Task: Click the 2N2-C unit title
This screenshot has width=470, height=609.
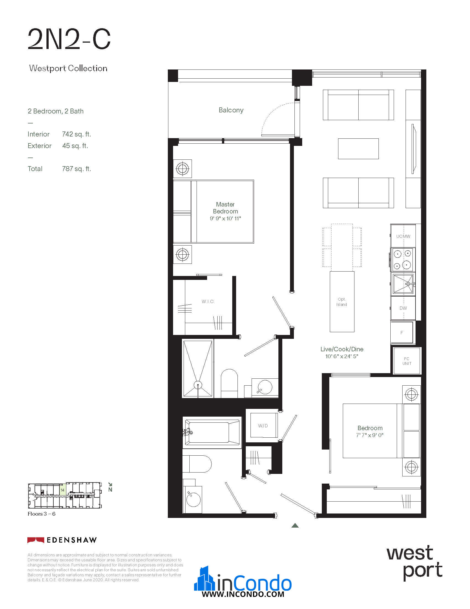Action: click(x=69, y=39)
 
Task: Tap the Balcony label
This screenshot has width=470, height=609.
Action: click(x=231, y=110)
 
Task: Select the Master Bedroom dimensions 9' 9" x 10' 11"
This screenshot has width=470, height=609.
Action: click(x=225, y=218)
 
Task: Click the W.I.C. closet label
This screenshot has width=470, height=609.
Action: click(x=208, y=301)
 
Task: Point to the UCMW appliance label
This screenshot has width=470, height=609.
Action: click(x=403, y=236)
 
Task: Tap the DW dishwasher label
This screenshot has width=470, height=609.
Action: click(x=403, y=308)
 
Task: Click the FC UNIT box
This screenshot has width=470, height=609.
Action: click(x=407, y=361)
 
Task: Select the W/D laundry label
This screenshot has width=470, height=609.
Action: click(x=263, y=426)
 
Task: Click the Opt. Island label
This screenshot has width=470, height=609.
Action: click(x=342, y=302)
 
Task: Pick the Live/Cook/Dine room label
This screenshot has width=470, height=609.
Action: click(x=342, y=349)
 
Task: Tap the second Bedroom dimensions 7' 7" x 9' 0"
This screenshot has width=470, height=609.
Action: click(x=370, y=435)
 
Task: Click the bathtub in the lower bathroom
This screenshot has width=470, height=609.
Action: click(x=212, y=432)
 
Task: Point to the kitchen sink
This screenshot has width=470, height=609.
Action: click(x=403, y=284)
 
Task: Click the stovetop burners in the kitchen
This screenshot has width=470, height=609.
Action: click(x=403, y=260)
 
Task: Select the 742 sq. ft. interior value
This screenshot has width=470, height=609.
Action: click(x=77, y=134)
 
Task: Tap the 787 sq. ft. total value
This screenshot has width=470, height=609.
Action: click(x=77, y=169)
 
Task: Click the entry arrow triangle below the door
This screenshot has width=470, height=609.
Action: click(x=295, y=526)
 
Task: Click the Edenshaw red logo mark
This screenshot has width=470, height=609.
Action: click(x=36, y=540)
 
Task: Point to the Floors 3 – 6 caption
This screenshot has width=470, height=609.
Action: click(x=41, y=514)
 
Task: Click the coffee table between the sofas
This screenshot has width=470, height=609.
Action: click(x=358, y=149)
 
